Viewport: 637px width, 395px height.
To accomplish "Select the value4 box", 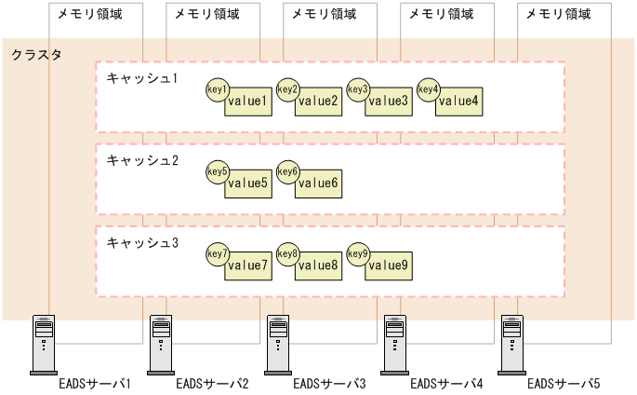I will coord(459,101).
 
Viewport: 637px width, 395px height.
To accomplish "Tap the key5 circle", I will coord(217,171).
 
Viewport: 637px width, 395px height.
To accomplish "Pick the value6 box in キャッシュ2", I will coord(319,184).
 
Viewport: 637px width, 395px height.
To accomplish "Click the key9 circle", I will coord(358,253).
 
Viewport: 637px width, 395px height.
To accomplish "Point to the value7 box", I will coord(248,266).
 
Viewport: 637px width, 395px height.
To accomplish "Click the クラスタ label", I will coord(36,55).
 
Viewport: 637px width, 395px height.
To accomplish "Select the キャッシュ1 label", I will coord(141,77).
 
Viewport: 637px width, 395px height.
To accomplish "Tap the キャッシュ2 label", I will coord(141,160).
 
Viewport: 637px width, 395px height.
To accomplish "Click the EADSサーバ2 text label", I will coord(212,383).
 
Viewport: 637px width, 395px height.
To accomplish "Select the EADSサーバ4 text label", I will coord(446,383).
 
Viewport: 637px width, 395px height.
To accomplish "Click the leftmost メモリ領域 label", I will coord(88,14).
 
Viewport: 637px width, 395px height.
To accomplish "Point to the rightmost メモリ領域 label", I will coord(557,14).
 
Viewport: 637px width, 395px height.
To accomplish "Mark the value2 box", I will coord(319,101).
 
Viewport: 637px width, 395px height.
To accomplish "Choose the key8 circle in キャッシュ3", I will coord(287,253).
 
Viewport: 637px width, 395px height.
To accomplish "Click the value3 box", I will coord(389,101).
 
